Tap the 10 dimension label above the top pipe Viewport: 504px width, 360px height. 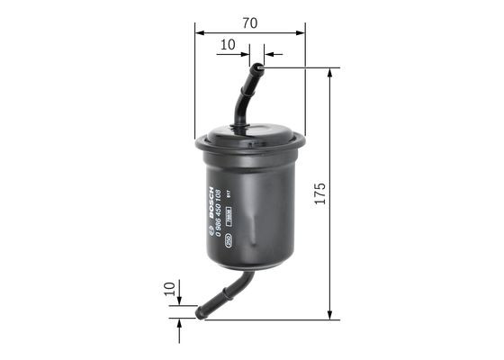pyautogui.click(x=227, y=43)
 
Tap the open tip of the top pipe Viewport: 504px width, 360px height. pyautogui.click(x=258, y=66)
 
